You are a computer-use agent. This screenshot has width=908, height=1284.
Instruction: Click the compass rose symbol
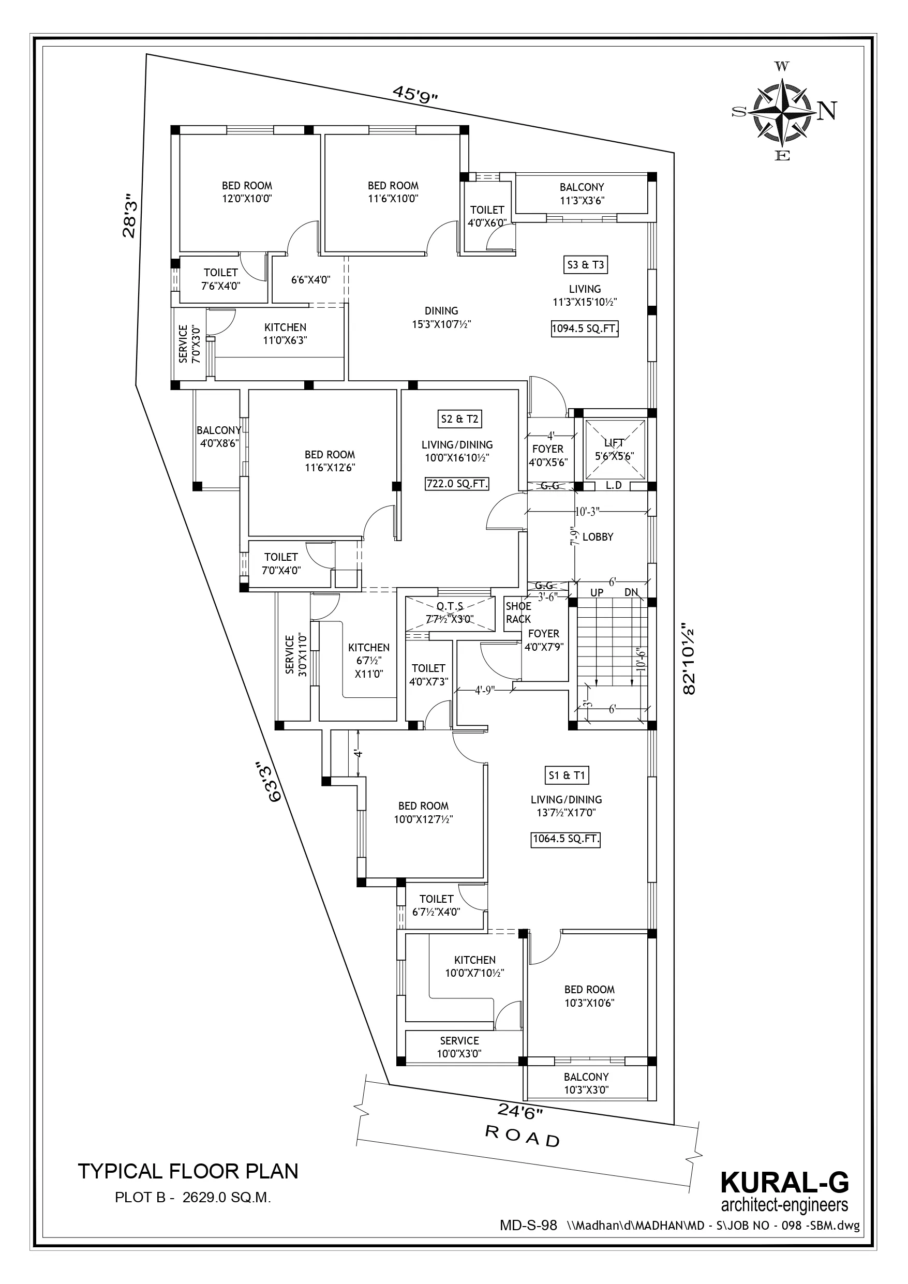point(783,111)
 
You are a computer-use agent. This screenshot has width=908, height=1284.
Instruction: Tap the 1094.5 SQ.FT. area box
point(585,329)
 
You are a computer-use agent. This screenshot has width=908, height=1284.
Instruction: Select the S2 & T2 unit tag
point(459,419)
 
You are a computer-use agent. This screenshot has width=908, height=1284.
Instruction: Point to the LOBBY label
point(598,537)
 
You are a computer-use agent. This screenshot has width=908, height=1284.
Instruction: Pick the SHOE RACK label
point(518,613)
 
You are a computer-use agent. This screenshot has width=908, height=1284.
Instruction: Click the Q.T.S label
point(450,606)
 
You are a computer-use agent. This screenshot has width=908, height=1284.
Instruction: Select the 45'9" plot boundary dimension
point(414,94)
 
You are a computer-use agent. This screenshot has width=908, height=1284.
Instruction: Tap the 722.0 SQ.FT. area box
point(457,484)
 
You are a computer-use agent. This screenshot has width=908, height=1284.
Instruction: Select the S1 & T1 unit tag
point(567,775)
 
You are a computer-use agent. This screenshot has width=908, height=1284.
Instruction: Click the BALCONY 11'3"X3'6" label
point(582,194)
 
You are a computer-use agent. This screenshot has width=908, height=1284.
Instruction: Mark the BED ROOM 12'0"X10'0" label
point(247,192)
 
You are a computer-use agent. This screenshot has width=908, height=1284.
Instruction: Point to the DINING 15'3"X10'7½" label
point(441,317)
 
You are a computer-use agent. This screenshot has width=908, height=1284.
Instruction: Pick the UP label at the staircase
point(597,592)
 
